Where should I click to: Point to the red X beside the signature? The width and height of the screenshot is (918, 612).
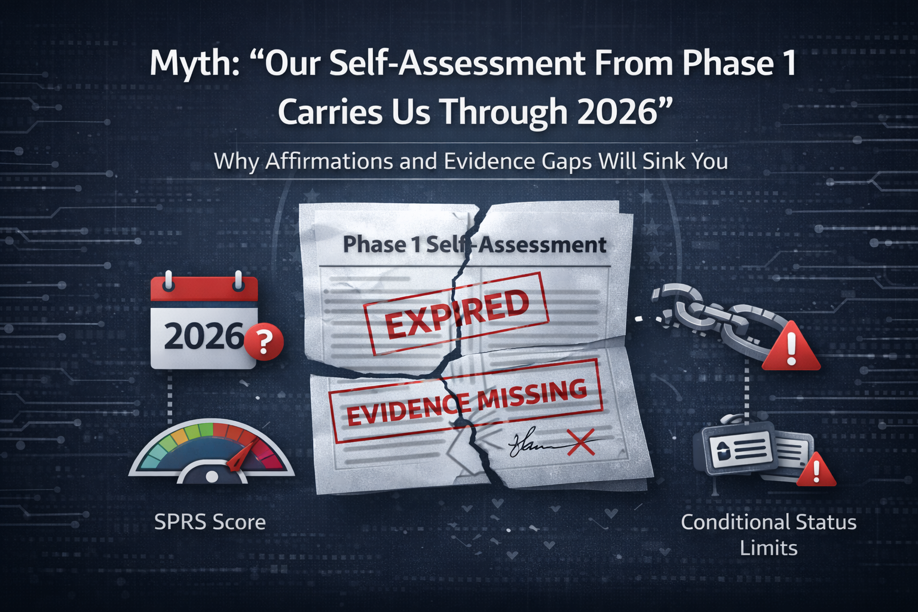581,443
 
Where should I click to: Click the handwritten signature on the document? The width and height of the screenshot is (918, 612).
532,444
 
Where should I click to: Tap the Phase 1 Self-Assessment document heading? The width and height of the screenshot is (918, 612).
474,244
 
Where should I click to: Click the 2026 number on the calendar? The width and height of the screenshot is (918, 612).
203,336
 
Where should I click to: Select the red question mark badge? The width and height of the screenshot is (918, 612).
264,342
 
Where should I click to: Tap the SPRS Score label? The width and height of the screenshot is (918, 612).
210,522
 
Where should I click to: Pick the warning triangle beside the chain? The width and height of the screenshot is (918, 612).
791,348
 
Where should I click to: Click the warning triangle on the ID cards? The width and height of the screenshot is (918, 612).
816,470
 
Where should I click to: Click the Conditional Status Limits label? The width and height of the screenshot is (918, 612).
769,534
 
